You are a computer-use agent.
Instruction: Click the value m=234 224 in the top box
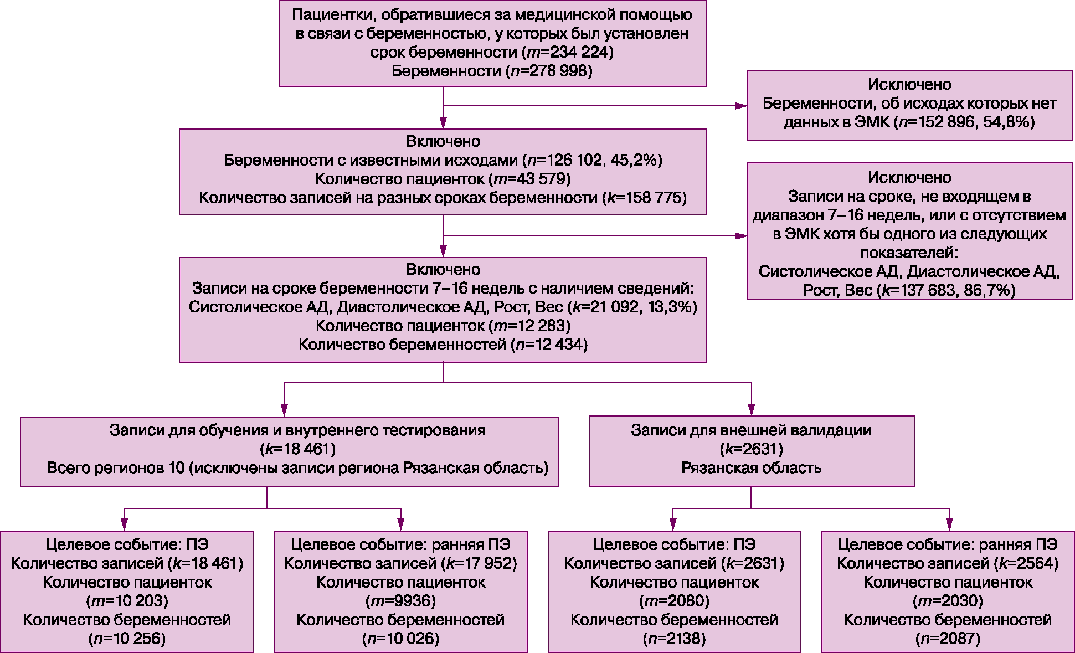568,53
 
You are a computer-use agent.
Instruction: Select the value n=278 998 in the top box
549,71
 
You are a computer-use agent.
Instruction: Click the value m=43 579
529,179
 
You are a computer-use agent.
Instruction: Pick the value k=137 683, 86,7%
946,290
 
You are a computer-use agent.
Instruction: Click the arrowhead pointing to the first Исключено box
741,106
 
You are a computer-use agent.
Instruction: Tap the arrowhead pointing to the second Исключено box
741,236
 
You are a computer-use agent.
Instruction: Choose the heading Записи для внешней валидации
751,430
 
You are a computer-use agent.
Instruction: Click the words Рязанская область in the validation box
751,468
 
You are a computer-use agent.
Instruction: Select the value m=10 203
127,601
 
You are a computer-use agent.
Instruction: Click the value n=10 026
400,639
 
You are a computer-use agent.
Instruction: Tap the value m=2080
674,601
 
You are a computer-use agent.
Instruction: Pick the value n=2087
948,639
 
